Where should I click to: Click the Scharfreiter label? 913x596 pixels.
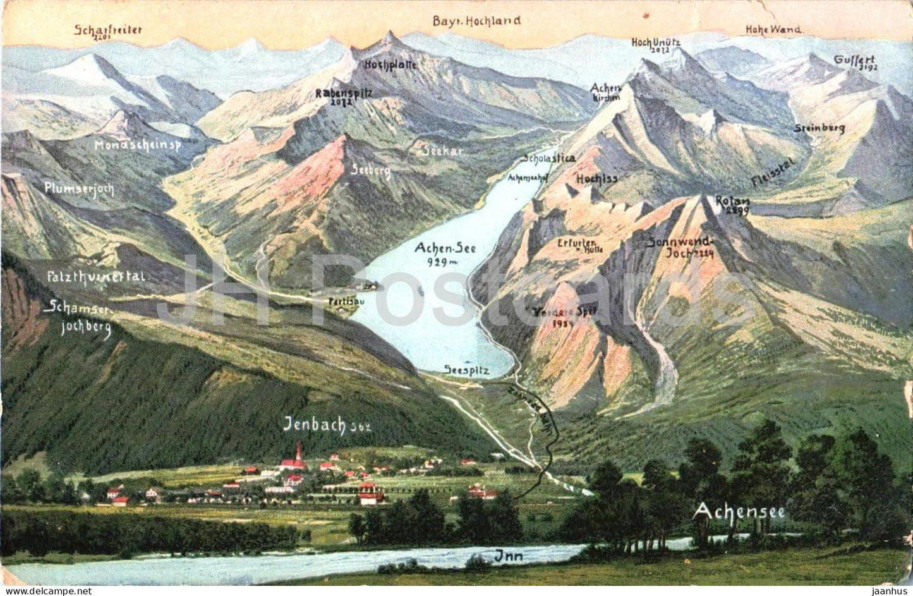(109, 30)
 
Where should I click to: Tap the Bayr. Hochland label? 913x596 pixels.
(476, 20)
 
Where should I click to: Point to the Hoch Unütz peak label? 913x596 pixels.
(656, 43)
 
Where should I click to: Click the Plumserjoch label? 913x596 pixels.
(79, 188)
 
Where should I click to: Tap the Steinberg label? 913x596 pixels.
(819, 128)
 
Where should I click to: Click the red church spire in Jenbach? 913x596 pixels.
(298, 451)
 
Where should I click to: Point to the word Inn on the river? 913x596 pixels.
(504, 556)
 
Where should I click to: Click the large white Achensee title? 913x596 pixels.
(739, 511)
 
